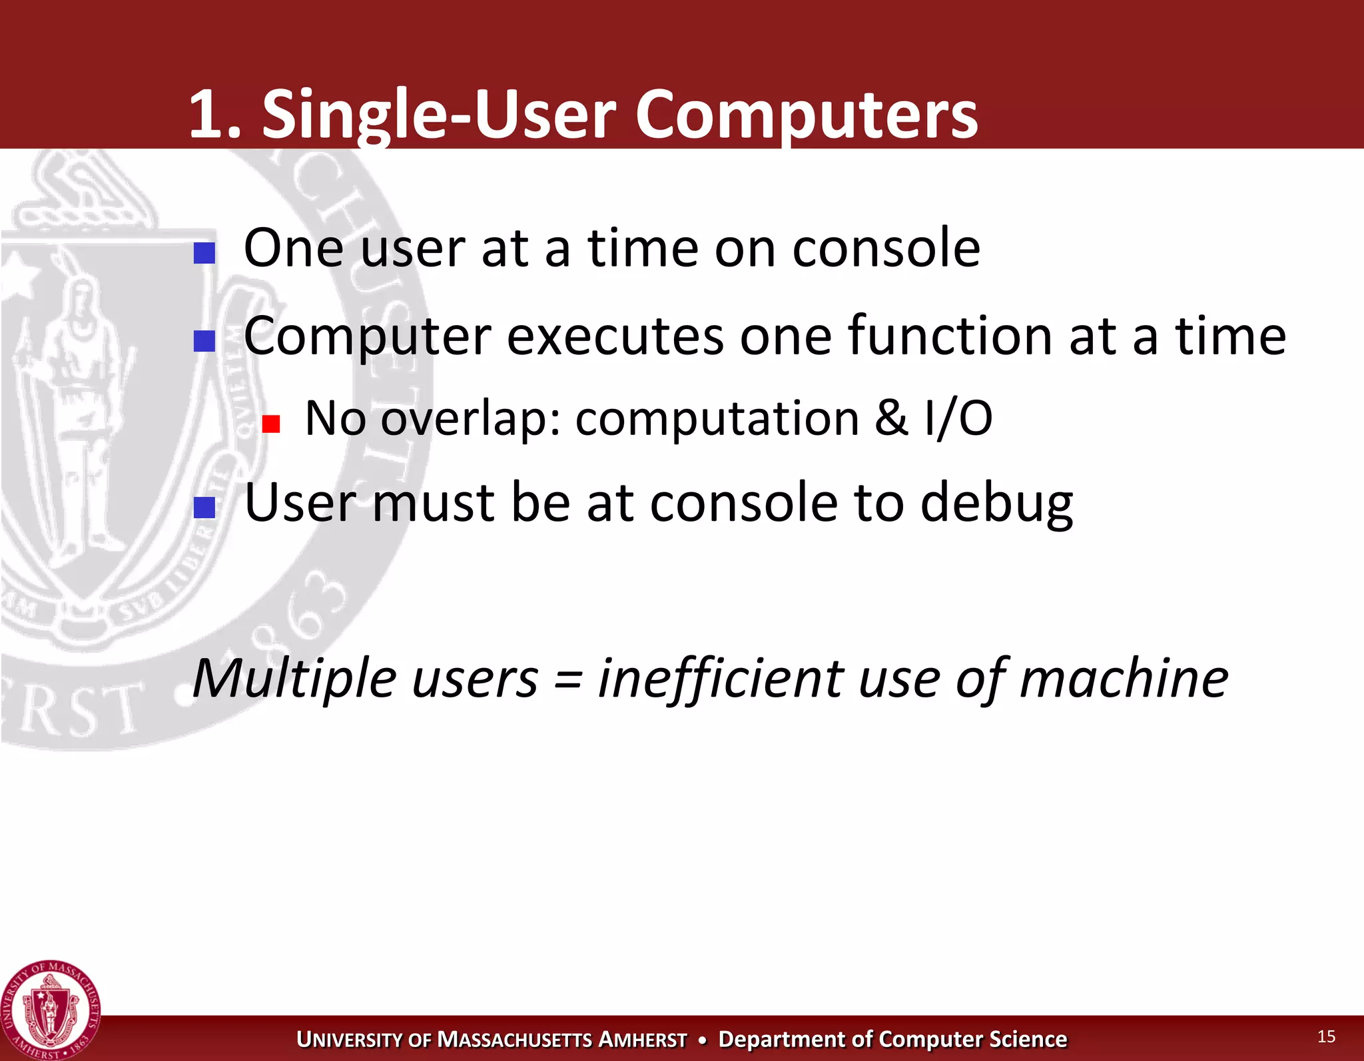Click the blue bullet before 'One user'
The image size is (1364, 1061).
tap(204, 253)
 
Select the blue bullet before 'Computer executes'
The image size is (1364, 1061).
tap(204, 341)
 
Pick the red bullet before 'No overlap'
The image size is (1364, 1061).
tap(270, 424)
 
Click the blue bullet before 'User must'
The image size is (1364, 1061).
tap(204, 508)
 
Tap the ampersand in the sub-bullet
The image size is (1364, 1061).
tap(891, 418)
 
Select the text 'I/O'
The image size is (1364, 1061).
tap(958, 418)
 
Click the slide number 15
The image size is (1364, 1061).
tap(1326, 1036)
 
